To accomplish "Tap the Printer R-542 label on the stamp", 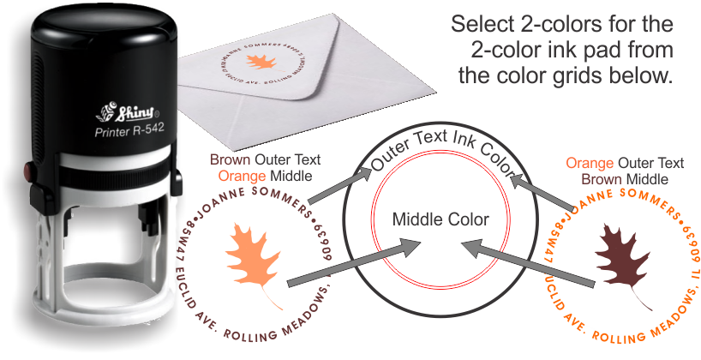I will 129,131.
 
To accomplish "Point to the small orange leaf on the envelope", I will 260,62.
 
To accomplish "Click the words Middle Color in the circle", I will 440,219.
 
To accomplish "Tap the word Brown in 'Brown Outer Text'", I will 228,160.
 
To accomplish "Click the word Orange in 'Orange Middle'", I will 239,176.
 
